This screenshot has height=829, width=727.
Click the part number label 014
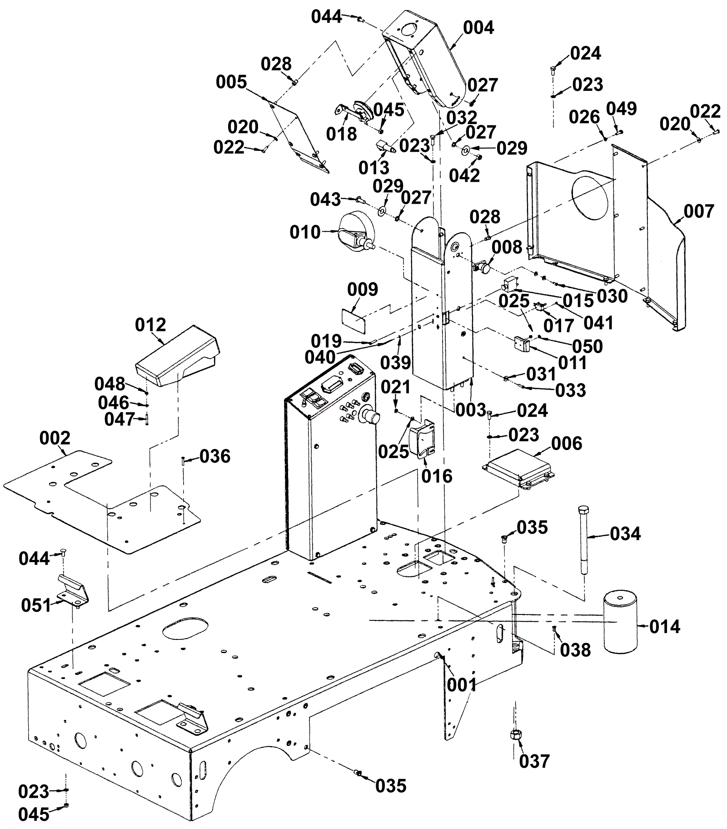[665, 627]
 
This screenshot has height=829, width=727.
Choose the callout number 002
[55, 438]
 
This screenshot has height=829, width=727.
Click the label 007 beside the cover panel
[699, 211]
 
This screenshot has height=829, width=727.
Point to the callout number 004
[478, 28]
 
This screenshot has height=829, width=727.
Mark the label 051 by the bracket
[36, 605]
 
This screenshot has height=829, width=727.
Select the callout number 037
[534, 761]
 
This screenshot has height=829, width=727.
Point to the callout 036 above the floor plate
[215, 456]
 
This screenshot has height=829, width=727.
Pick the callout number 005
[231, 82]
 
